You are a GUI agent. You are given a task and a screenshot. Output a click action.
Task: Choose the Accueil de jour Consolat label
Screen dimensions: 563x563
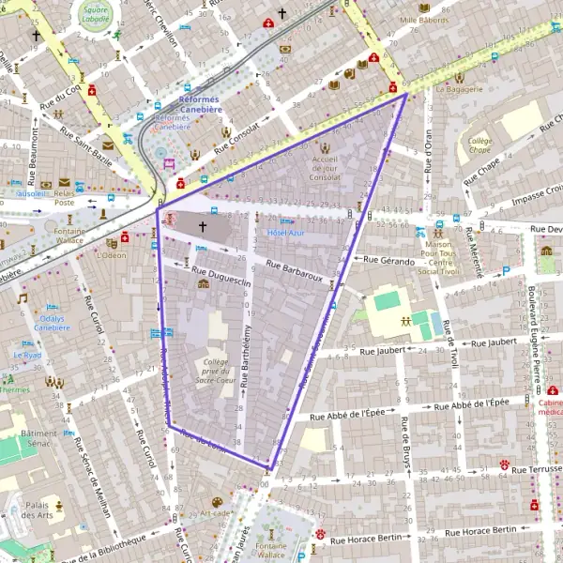point(325,168)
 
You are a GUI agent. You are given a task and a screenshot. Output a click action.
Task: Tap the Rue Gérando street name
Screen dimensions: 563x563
point(385,262)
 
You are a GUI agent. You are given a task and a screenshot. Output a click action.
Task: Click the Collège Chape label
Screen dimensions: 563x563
point(479,145)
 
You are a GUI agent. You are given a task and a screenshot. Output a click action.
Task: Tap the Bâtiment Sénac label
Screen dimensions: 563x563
point(39,438)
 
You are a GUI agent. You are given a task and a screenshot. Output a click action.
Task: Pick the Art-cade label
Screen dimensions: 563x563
point(215,513)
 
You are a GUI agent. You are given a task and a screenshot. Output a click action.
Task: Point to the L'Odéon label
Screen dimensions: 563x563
point(111,254)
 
